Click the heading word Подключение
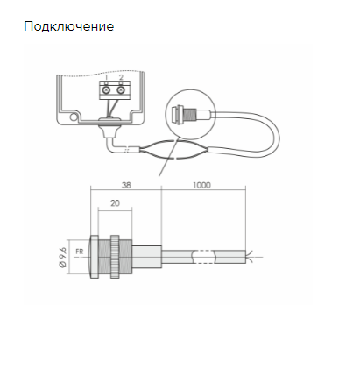click(69, 26)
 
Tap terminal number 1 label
click(107, 77)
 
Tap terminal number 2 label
click(121, 77)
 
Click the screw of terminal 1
click(107, 90)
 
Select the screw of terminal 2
click(121, 90)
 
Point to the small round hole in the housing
click(74, 117)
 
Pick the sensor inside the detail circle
click(190, 114)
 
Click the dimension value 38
click(126, 185)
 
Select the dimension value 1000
click(201, 185)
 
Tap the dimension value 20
click(115, 203)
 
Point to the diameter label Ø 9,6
click(63, 257)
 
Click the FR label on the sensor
click(80, 252)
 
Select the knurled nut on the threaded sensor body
click(115, 257)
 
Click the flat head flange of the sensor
click(95, 257)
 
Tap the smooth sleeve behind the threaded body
click(146, 257)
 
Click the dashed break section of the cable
click(204, 257)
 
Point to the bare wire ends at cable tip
click(249, 257)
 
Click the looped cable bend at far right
click(273, 135)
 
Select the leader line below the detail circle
click(168, 158)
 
